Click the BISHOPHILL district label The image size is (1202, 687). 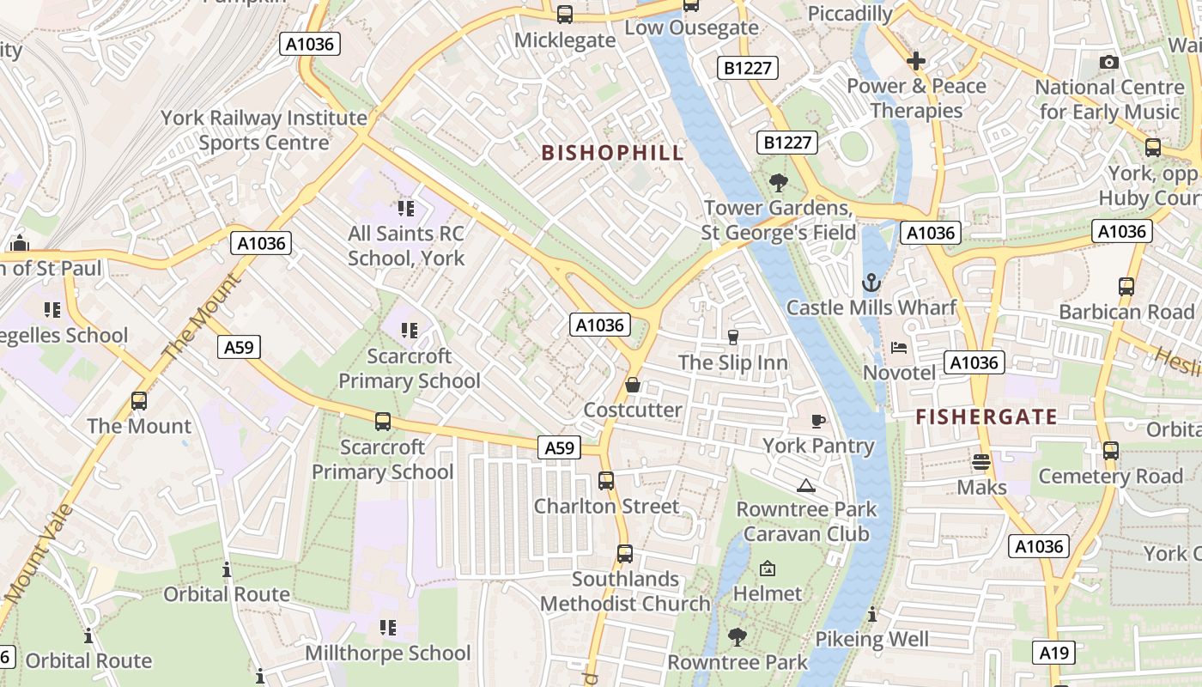coord(613,153)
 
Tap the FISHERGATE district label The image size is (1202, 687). coord(986,417)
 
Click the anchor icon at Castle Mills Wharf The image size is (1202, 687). coord(871,282)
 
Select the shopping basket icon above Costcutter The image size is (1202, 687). coord(633,385)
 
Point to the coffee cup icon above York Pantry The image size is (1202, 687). coord(818,420)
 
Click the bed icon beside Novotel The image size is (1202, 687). coord(899,348)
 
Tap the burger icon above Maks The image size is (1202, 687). coord(981,462)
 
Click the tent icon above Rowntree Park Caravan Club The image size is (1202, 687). coord(805,485)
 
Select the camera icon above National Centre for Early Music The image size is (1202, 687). coord(1109,62)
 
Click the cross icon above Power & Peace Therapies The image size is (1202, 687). coord(916,61)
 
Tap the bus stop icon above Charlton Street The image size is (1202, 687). coord(606,481)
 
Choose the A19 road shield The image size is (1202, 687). coord(1053,654)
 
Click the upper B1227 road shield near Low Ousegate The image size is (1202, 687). coord(748,68)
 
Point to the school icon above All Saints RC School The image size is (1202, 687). coord(406,208)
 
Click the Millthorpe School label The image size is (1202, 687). coord(388,654)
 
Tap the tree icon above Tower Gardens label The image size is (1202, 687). coord(779,182)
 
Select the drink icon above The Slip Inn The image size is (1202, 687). coord(733,337)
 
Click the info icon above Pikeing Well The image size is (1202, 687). coord(872,614)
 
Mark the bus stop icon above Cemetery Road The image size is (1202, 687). coord(1110,450)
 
